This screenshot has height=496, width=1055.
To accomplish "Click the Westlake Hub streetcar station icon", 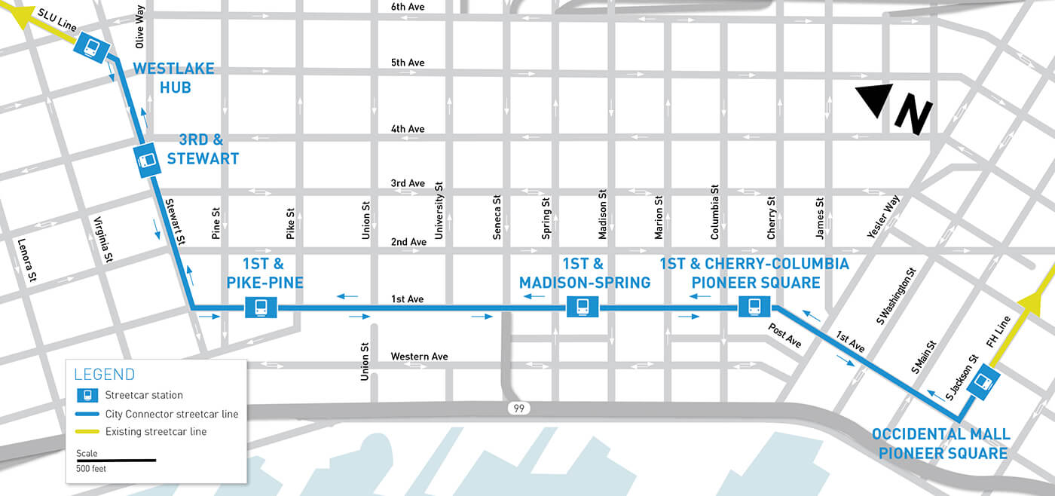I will tap(90, 47).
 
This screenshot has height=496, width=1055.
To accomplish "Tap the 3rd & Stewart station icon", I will tap(146, 160).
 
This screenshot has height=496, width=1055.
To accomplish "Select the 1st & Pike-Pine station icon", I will tap(261, 308).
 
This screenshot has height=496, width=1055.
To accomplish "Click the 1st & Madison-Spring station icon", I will tap(583, 307).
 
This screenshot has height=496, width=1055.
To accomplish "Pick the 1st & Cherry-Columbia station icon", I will tap(754, 307).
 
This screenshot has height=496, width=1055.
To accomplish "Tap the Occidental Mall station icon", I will tap(982, 381).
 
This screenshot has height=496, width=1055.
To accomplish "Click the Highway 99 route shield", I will tap(518, 408).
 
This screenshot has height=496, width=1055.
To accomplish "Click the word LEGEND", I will tap(105, 375).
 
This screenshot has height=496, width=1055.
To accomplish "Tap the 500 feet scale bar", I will tap(115, 460).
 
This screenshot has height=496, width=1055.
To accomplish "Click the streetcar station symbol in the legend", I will tap(87, 395).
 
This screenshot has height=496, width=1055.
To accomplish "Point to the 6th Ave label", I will tap(408, 7).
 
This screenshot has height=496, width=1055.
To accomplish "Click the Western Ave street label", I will tap(419, 357).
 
